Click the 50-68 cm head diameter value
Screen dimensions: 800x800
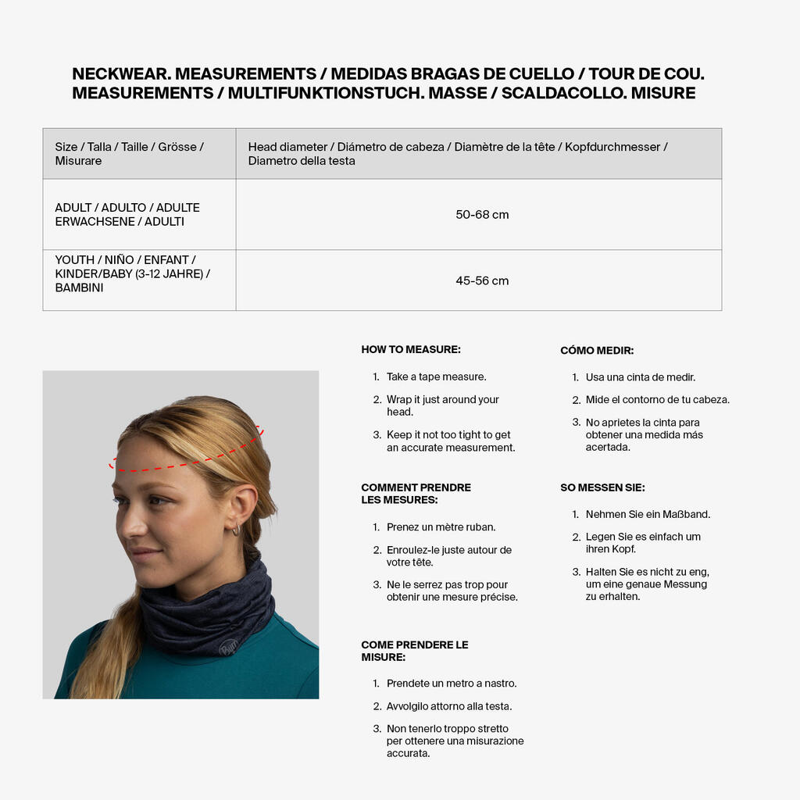click(482, 215)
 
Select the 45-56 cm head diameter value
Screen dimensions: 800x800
click(482, 281)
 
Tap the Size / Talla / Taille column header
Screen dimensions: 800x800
click(129, 153)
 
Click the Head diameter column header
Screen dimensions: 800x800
click(458, 153)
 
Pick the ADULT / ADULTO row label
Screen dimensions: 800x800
click(127, 214)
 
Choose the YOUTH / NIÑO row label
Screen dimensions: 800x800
click(132, 273)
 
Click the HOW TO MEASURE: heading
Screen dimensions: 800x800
click(411, 350)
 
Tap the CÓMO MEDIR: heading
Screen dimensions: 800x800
click(597, 351)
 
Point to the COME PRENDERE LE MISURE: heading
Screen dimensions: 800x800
click(415, 651)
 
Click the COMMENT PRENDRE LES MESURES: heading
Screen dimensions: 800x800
click(416, 494)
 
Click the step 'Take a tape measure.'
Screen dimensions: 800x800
click(436, 377)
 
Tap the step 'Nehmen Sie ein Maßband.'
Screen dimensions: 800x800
click(648, 514)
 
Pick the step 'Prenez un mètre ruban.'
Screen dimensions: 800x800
click(441, 527)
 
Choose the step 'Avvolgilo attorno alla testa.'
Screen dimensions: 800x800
click(449, 706)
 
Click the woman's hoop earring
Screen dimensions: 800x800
click(236, 530)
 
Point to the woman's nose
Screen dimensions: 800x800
click(128, 526)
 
